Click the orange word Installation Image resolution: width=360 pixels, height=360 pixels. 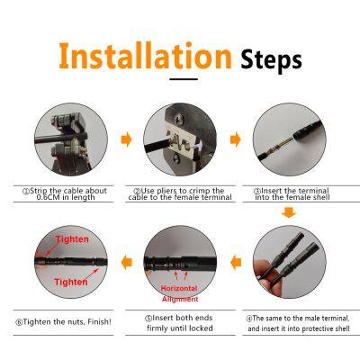144,56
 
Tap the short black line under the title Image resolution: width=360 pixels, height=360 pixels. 183,80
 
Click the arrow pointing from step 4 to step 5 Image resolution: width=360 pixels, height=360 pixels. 238,262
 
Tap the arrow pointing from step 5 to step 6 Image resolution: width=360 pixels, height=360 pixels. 126,262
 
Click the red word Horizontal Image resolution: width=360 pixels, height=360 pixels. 178,287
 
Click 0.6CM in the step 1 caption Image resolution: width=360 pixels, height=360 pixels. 50,199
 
